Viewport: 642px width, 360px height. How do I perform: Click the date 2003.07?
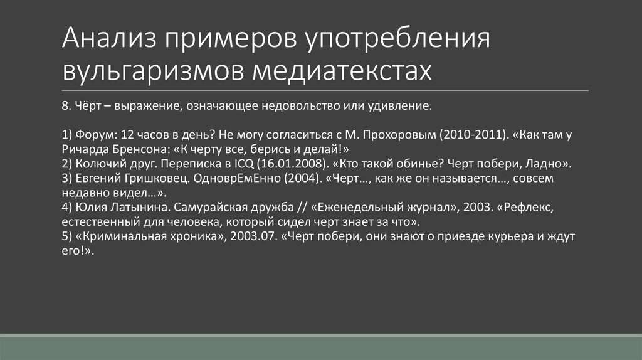point(252,237)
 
